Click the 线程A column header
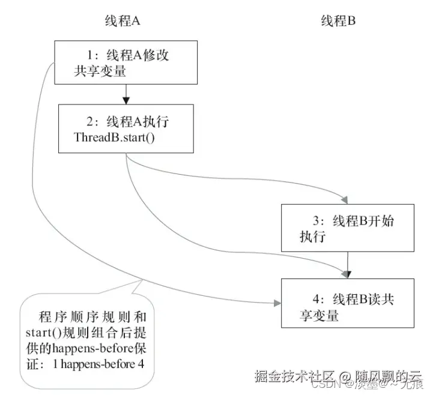[124, 22]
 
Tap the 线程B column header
[339, 22]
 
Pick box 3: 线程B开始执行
[348, 228]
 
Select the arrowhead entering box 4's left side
[277, 303]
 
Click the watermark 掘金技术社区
[288, 377]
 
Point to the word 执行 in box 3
[312, 237]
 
